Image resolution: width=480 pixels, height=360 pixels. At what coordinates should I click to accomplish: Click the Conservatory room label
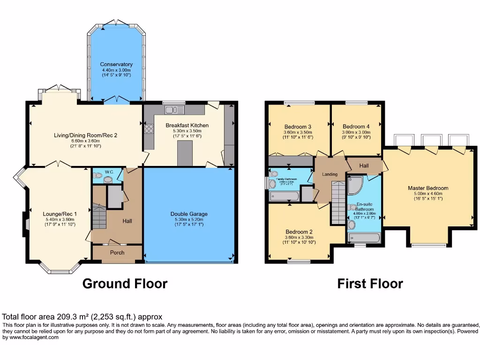click(x=116, y=64)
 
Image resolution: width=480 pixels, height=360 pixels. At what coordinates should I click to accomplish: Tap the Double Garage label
click(x=189, y=214)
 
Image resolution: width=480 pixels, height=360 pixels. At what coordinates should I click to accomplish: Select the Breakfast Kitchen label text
click(x=187, y=125)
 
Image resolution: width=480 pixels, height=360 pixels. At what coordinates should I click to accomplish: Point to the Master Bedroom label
click(x=427, y=188)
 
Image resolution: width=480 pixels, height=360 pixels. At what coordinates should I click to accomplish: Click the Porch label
click(x=117, y=252)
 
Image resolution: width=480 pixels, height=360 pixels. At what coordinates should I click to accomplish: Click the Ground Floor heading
click(x=125, y=284)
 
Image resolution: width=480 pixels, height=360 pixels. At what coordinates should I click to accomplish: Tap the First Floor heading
click(x=370, y=284)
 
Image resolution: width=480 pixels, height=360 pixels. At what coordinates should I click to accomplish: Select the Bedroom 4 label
click(x=356, y=127)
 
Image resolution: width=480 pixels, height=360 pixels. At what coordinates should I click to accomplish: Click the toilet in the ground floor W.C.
click(x=98, y=176)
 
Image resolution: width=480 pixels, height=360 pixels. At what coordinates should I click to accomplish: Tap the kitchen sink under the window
click(x=172, y=110)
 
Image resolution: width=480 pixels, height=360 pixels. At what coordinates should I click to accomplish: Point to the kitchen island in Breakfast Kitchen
click(x=185, y=153)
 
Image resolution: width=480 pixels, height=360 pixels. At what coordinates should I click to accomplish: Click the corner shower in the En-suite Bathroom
click(x=355, y=185)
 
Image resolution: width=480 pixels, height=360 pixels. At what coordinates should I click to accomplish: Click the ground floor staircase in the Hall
click(x=99, y=215)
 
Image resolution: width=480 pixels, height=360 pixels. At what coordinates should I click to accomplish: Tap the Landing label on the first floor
click(x=330, y=174)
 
